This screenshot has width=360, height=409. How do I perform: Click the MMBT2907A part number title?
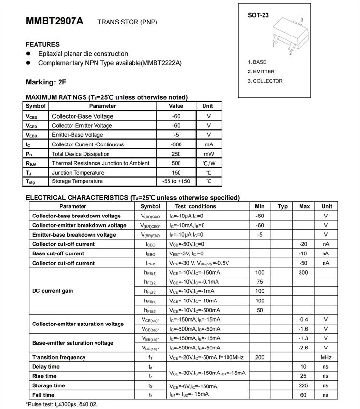click(x=54, y=22)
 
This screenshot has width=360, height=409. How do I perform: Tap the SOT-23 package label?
click(x=258, y=15)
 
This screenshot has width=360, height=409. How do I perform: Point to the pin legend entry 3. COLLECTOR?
click(x=265, y=81)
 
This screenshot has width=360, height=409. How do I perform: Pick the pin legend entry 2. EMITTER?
click(x=261, y=72)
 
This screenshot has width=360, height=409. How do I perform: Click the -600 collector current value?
click(x=176, y=144)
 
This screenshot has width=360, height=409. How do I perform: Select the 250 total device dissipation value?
click(x=176, y=154)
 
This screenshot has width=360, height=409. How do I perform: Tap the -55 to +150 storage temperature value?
click(x=176, y=181)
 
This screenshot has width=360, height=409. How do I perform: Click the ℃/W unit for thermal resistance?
click(x=208, y=163)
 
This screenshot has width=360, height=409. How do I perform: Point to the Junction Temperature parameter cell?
click(x=78, y=172)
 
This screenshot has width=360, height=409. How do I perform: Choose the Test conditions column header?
click(x=195, y=206)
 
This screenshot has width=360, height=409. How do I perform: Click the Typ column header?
click(x=283, y=206)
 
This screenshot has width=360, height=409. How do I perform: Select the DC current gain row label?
click(x=53, y=291)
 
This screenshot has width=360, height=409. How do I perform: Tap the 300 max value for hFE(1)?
click(x=303, y=272)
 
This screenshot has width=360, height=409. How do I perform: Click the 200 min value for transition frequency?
click(x=260, y=357)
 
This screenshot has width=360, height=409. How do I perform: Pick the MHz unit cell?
click(x=326, y=357)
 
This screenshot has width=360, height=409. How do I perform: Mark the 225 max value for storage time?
click(x=303, y=385)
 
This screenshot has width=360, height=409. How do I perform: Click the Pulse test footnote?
click(x=61, y=404)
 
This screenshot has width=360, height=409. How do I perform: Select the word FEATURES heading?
click(x=43, y=44)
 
